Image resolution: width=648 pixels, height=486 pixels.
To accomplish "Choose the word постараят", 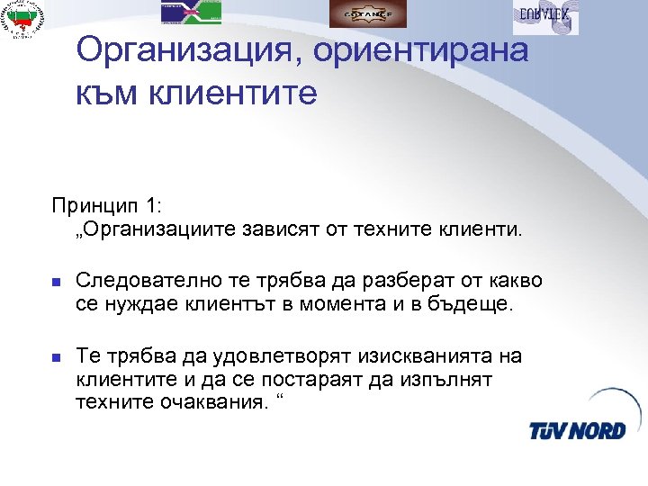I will (x=298, y=379).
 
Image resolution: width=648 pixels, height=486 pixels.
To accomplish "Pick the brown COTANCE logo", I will (x=366, y=13).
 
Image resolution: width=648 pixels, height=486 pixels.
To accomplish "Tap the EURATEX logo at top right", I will (x=545, y=17).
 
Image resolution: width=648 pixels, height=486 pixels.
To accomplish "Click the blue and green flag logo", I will (x=191, y=11).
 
